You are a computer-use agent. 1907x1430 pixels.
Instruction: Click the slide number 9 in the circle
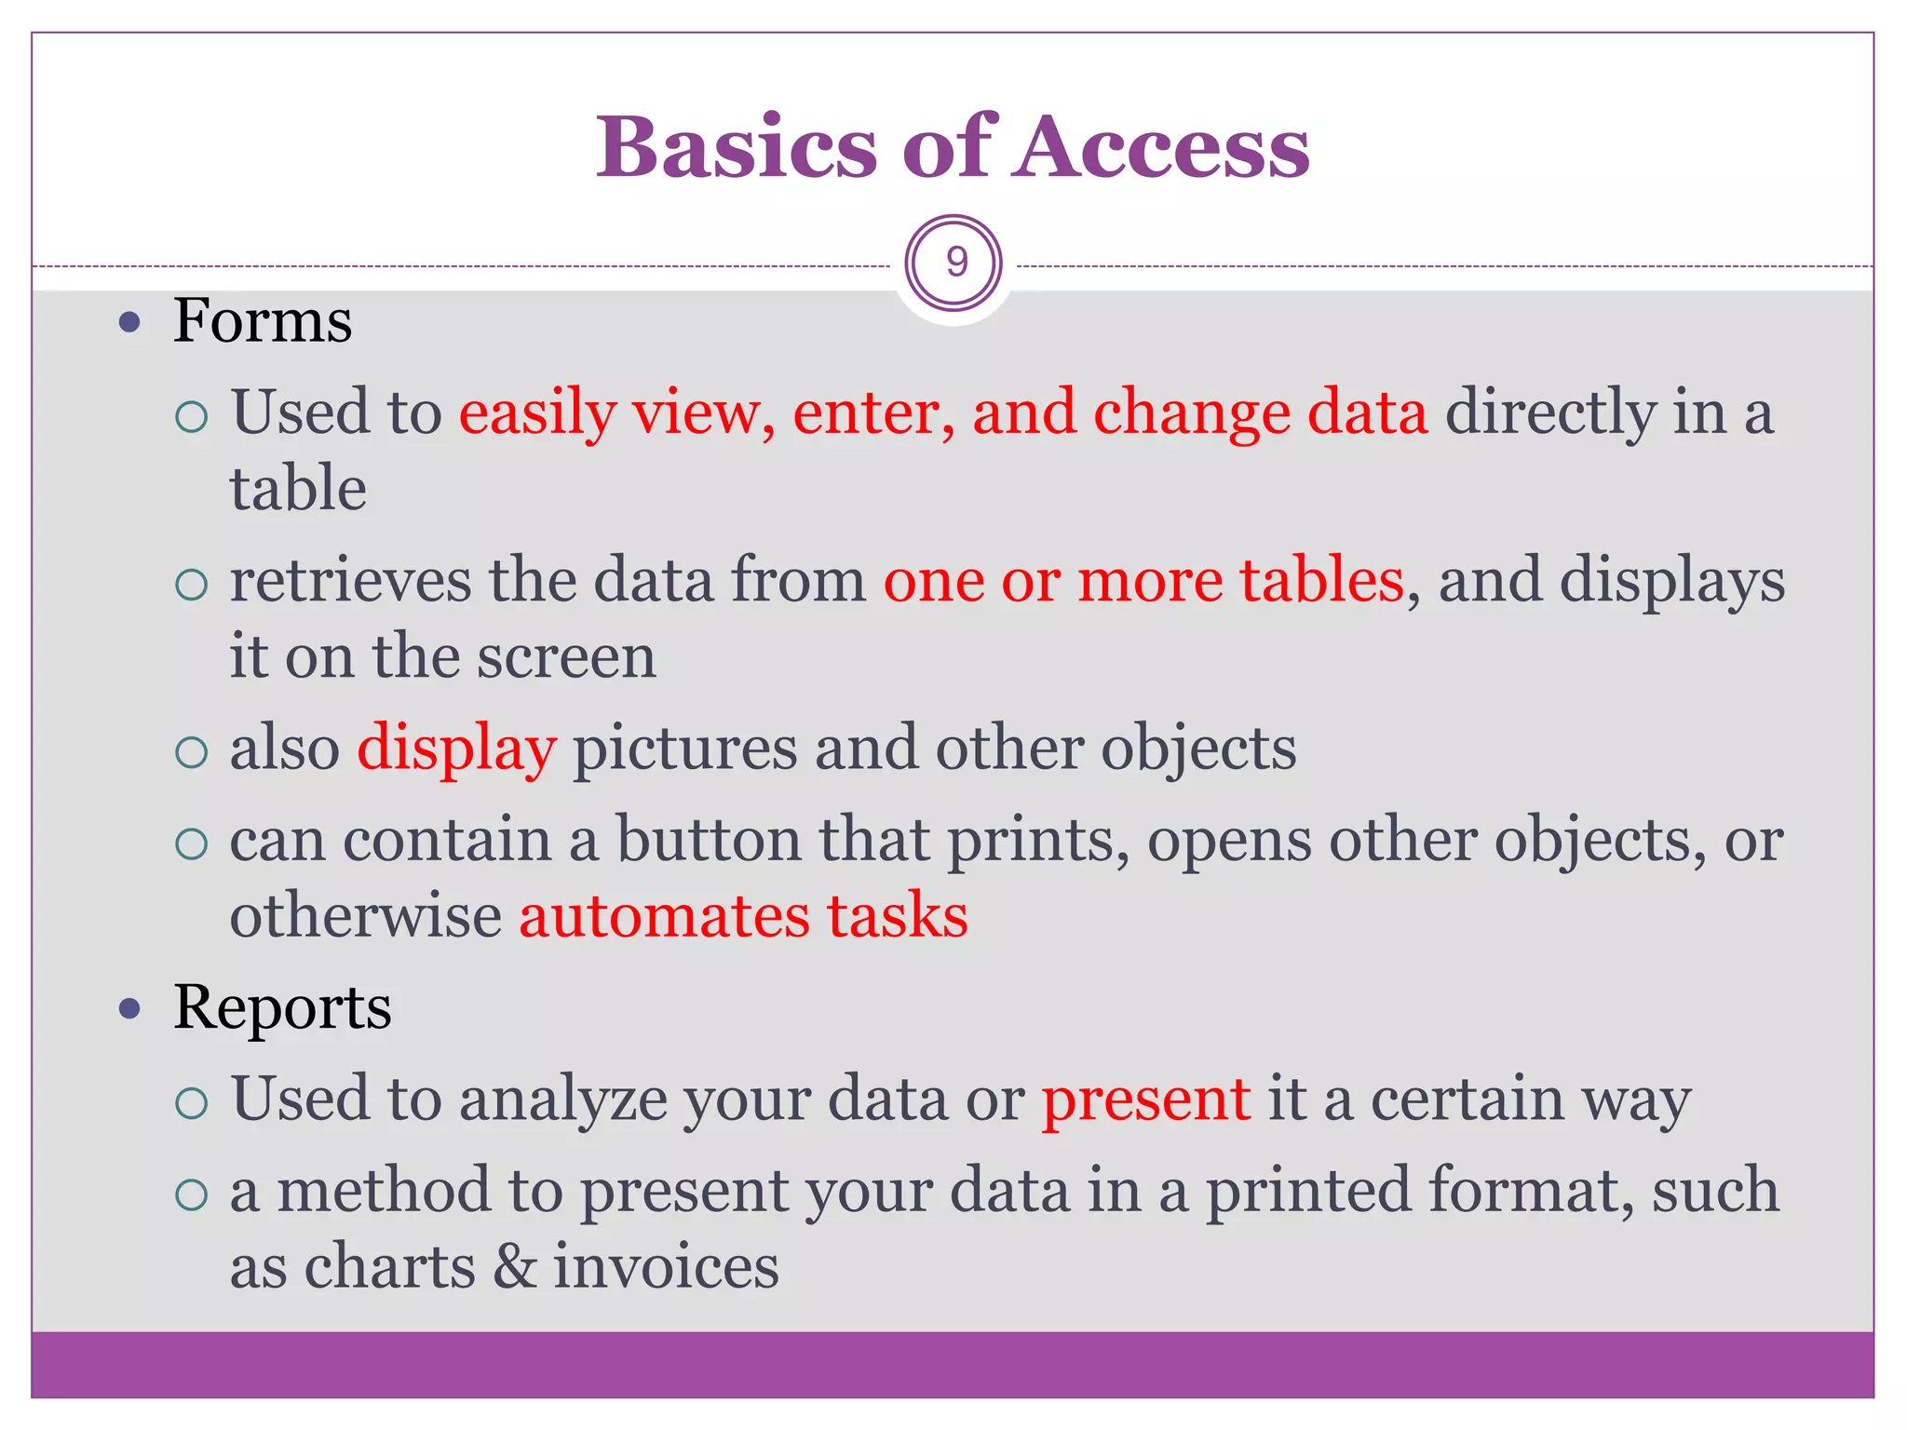pyautogui.click(x=955, y=263)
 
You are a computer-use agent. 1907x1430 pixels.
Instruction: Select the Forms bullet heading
pyautogui.click(x=263, y=321)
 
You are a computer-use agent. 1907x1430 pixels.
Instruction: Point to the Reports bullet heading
pyautogui.click(x=282, y=1007)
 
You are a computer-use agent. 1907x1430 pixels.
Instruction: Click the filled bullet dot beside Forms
pyautogui.click(x=130, y=323)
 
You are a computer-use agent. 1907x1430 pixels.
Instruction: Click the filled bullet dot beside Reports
pyautogui.click(x=130, y=1009)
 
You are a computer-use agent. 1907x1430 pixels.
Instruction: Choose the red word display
pyautogui.click(x=456, y=749)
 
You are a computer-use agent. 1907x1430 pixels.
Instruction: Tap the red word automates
pyautogui.click(x=664, y=916)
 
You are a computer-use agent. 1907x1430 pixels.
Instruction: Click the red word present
pyautogui.click(x=1145, y=1099)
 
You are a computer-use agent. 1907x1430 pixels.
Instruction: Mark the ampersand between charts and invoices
pyautogui.click(x=515, y=1267)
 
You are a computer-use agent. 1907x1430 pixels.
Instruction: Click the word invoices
pyautogui.click(x=666, y=1267)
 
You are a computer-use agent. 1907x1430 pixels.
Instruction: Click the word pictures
pyautogui.click(x=684, y=749)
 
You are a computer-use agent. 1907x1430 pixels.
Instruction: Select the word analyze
pyautogui.click(x=562, y=1099)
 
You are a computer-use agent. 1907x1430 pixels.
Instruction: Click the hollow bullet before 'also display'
pyautogui.click(x=191, y=752)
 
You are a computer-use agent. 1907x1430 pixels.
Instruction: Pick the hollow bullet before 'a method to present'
pyautogui.click(x=191, y=1195)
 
